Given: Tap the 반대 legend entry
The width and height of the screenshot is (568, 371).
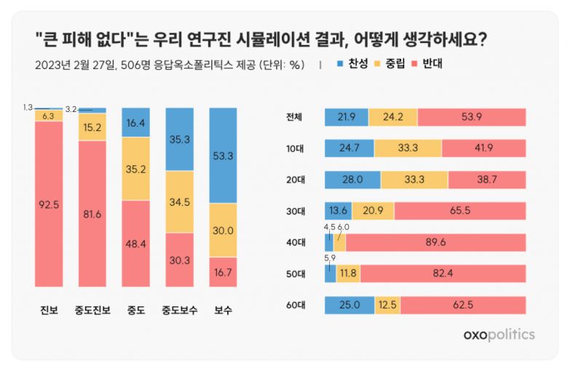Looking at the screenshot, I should [431, 64].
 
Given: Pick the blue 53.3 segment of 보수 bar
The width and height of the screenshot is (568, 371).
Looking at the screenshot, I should [224, 156].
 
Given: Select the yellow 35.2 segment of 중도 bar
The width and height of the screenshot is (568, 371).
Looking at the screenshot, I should [136, 169].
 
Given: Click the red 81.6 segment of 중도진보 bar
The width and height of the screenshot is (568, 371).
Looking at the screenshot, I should [92, 213].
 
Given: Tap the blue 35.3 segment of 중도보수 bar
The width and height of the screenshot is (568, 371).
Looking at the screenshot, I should [180, 140].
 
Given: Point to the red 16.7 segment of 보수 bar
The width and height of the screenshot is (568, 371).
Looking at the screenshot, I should [224, 271].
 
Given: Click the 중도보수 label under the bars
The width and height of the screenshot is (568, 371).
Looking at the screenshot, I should [180, 311].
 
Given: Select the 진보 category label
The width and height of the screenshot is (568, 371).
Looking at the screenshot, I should [49, 311].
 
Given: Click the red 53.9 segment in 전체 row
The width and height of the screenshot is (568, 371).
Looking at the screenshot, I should [471, 117].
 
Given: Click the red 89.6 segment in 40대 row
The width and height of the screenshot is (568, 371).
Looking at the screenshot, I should [435, 242].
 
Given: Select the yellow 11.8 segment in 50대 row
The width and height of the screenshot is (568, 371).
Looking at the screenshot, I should [348, 274].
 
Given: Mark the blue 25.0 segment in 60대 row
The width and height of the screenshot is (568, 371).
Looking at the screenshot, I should [350, 305].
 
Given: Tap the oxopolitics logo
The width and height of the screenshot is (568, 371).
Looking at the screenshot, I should [499, 334].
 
